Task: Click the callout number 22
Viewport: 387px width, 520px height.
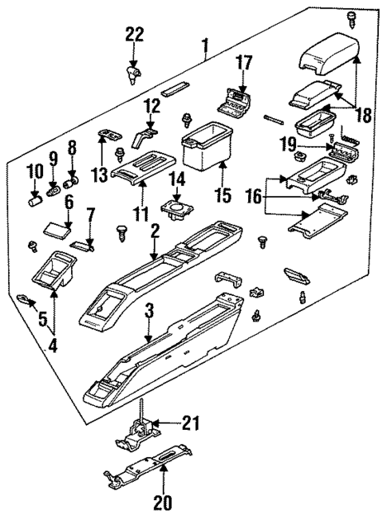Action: click(x=134, y=33)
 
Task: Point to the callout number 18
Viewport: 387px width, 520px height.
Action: click(x=363, y=115)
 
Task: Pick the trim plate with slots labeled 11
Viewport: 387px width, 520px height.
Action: click(x=144, y=166)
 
